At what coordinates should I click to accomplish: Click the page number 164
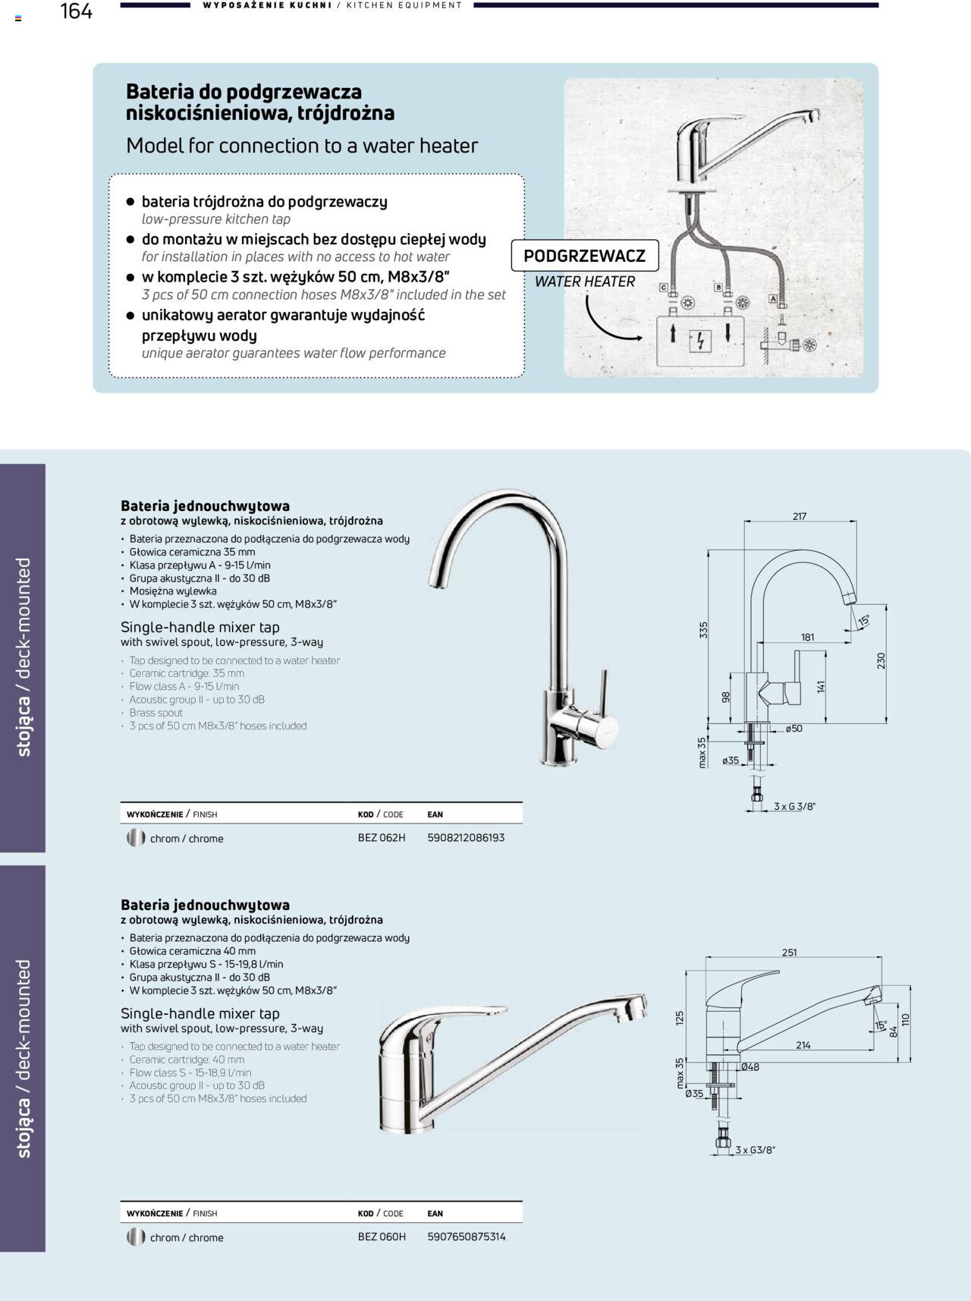(76, 11)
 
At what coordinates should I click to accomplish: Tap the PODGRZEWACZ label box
(584, 256)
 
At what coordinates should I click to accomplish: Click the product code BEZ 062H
(382, 838)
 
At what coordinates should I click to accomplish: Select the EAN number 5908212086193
(466, 838)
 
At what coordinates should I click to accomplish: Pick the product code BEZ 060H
(382, 1236)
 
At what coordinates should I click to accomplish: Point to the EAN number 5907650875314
(467, 1236)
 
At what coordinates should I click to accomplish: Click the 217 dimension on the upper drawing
(800, 516)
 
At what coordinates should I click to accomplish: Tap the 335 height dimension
(703, 630)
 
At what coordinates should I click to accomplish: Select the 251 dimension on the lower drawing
(789, 953)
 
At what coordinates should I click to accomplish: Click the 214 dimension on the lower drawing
(803, 1045)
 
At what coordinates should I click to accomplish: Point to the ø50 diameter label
(793, 729)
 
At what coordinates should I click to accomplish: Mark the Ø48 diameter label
(749, 1067)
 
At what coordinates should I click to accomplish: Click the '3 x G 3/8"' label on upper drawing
(794, 806)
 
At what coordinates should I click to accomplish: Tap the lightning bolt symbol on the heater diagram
(700, 342)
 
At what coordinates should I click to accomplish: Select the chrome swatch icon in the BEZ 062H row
(136, 838)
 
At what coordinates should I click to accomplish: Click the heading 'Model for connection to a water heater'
(302, 146)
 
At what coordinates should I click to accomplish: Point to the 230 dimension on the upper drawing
(881, 660)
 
